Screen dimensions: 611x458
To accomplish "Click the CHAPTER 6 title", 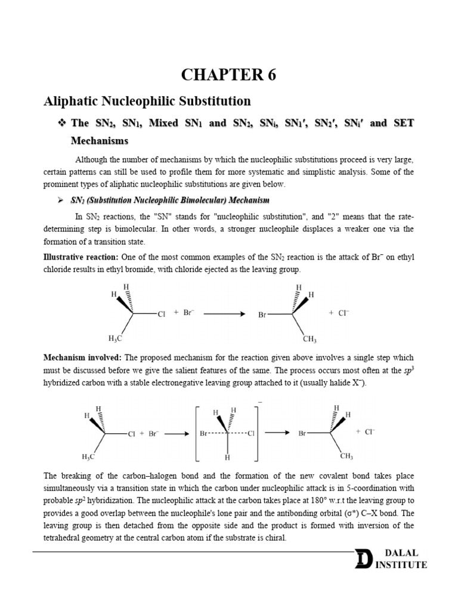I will [x=229, y=75].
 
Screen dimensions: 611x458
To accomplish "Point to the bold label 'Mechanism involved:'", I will [x=82, y=358].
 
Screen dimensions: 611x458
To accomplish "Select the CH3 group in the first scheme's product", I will [x=310, y=339].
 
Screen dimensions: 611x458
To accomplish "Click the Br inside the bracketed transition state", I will [x=205, y=434].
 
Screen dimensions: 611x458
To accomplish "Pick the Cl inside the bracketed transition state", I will [x=251, y=434].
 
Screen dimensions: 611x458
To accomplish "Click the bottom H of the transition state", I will [x=228, y=458].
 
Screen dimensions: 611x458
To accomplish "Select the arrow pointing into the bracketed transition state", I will [x=177, y=434].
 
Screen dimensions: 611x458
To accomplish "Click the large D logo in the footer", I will [x=363, y=560].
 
